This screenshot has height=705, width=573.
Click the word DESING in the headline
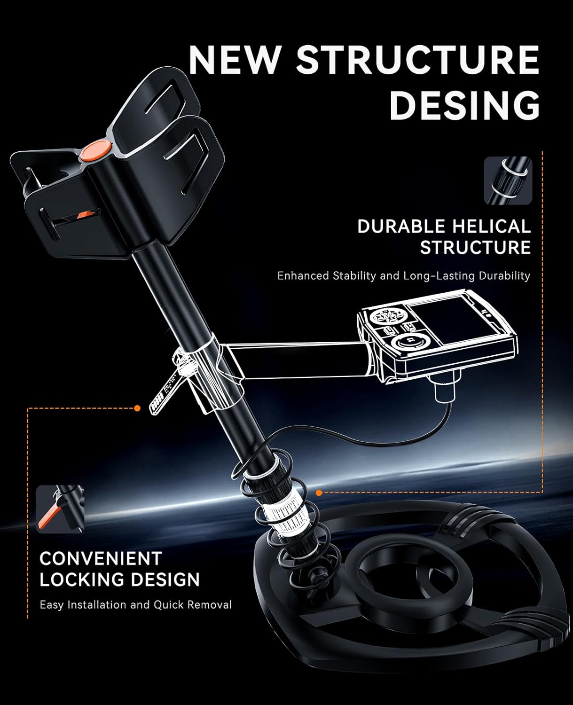465,105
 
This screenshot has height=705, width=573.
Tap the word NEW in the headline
234,60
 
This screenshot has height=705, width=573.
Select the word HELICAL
491,227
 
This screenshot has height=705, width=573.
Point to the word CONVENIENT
101,559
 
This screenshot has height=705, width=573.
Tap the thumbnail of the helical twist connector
508,181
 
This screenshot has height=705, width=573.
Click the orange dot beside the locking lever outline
137,408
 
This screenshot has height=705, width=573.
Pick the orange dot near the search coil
319,493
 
